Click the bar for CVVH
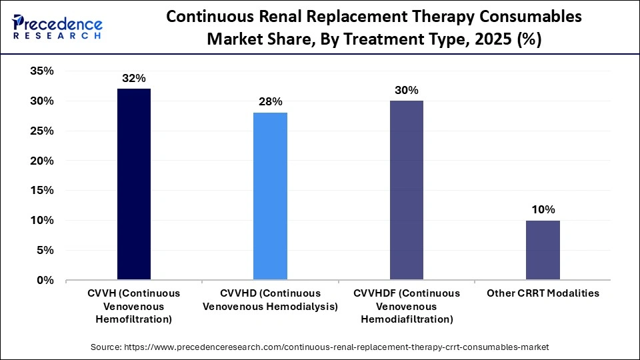point(134,184)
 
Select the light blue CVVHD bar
point(270,196)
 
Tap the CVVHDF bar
point(406,190)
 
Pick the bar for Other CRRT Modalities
point(543,250)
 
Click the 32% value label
point(134,79)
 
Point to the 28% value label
point(270,102)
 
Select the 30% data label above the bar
point(406,90)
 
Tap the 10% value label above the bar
point(543,209)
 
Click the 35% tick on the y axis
point(42,71)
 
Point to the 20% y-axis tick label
point(42,161)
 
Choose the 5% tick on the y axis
point(45,251)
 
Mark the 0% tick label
point(45,281)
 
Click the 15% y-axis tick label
point(42,191)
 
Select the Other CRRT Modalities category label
point(543,293)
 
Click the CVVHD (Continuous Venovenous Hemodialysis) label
point(270,300)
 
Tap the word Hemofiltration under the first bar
point(134,319)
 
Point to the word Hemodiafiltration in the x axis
point(406,319)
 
